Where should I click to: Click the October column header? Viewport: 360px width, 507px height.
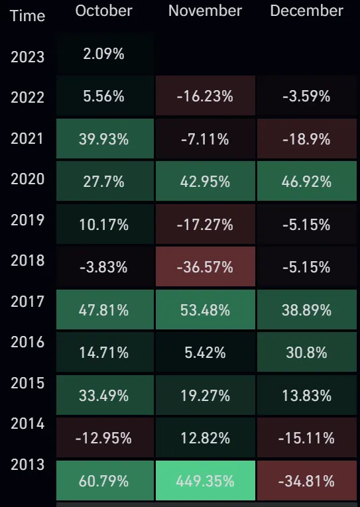(103, 11)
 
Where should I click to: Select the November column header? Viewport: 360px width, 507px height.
(205, 11)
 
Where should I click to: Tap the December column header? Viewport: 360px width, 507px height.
(306, 11)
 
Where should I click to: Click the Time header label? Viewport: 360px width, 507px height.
(27, 16)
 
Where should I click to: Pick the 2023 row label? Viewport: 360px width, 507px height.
(27, 57)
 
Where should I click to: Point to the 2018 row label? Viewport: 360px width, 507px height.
(27, 260)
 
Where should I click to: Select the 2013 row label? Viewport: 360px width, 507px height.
(27, 465)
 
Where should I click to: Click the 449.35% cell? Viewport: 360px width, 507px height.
(205, 480)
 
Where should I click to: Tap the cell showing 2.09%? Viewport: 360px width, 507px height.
(105, 54)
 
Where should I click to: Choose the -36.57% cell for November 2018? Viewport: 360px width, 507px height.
(205, 267)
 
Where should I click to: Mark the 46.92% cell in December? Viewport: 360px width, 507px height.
(306, 182)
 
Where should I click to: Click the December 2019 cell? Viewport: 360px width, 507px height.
(306, 225)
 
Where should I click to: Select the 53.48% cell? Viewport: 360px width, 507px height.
(205, 310)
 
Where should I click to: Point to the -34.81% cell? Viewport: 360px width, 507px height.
(306, 480)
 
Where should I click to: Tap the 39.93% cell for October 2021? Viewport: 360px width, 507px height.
(105, 139)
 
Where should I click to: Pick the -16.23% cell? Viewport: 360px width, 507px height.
(205, 97)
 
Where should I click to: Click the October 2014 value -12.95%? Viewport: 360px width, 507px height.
(105, 438)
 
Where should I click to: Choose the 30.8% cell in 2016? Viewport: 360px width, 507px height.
(306, 353)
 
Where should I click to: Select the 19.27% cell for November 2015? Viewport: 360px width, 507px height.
(205, 396)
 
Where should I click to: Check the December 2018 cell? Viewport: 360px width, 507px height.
(306, 267)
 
